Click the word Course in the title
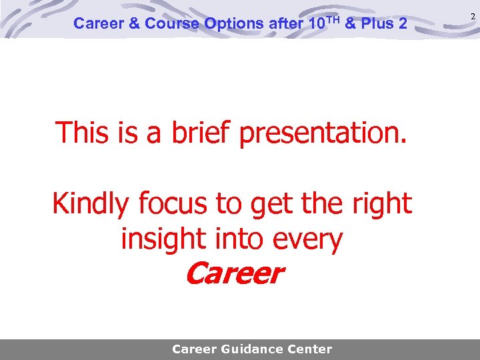pyautogui.click(x=173, y=24)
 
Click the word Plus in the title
pyautogui.click(x=380, y=24)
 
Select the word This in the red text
pyautogui.click(x=81, y=133)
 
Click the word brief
pyautogui.click(x=200, y=133)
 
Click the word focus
pyautogui.click(x=175, y=204)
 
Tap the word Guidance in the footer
pyautogui.click(x=254, y=349)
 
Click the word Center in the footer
pyautogui.click(x=308, y=349)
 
